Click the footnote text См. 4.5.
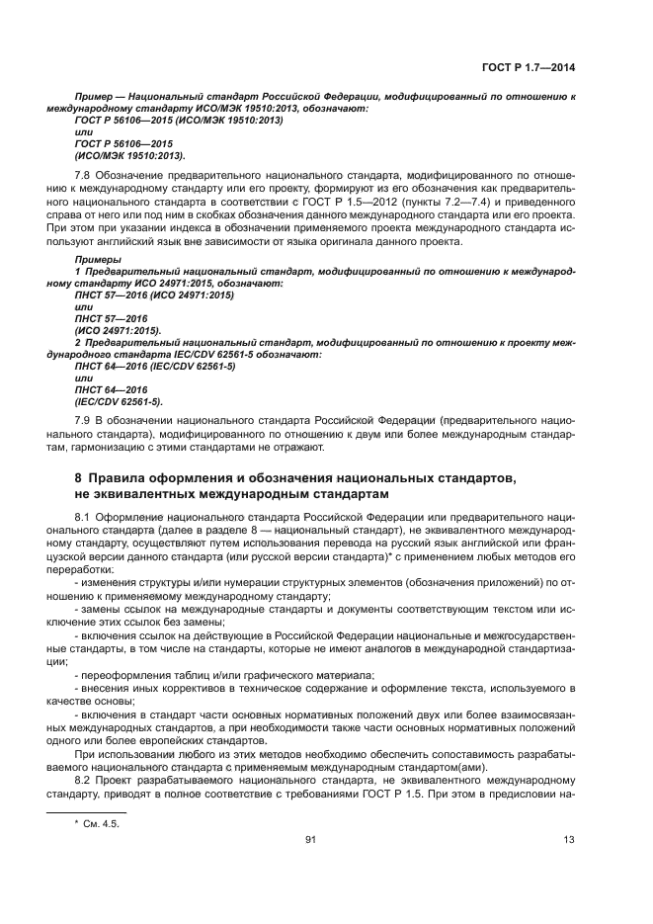coord(102,822)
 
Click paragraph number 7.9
coord(83,421)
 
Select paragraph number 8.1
coord(83,517)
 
